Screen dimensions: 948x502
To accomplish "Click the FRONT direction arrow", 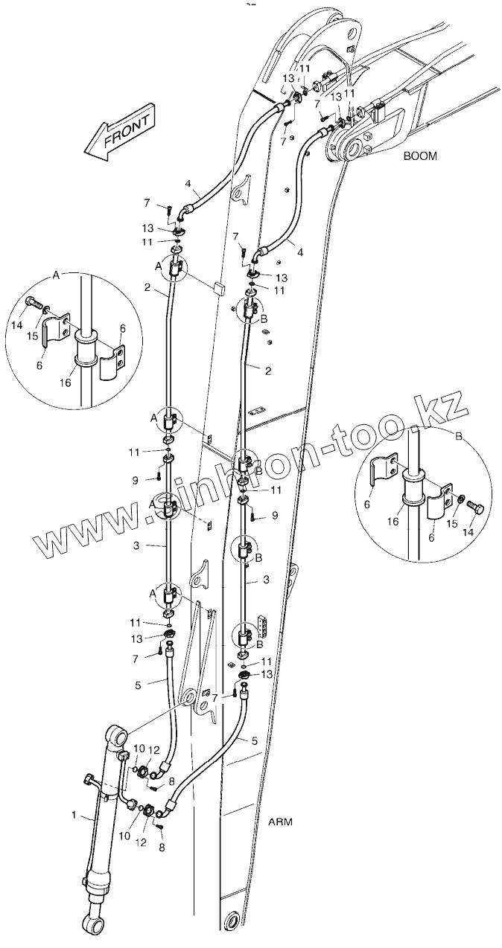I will pyautogui.click(x=120, y=134).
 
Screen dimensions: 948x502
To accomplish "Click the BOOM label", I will pyautogui.click(x=420, y=156).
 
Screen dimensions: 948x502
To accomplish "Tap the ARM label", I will pyautogui.click(x=280, y=822).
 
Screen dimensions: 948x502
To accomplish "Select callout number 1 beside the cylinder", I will pyautogui.click(x=74, y=816).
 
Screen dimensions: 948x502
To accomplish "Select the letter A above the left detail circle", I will pyautogui.click(x=56, y=275).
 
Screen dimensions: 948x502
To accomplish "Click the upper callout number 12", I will pyautogui.click(x=154, y=749).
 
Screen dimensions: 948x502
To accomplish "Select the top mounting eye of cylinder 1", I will pyautogui.click(x=118, y=736).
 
